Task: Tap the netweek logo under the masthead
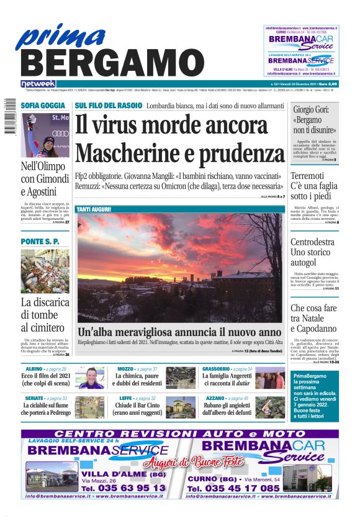[x=38, y=83]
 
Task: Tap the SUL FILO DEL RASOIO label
[x=108, y=106]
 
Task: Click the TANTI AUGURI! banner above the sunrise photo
[x=94, y=209]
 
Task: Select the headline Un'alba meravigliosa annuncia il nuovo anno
[x=179, y=331]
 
